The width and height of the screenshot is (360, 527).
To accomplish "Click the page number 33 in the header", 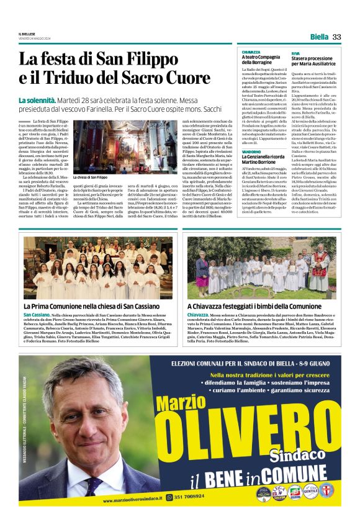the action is click(x=337, y=37).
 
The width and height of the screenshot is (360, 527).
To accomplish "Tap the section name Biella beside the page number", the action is click(x=319, y=37).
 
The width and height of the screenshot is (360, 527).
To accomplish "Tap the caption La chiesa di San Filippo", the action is click(x=90, y=178).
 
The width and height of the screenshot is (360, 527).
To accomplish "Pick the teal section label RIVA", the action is click(x=295, y=52).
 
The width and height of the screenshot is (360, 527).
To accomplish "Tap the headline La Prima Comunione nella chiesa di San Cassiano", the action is click(x=91, y=306).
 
